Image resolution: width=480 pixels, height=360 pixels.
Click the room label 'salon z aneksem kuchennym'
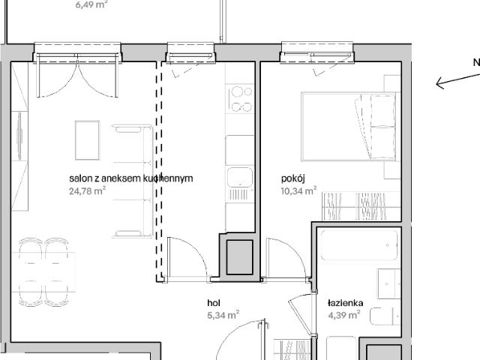(131, 178)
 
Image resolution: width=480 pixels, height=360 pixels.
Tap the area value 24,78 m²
(87, 190)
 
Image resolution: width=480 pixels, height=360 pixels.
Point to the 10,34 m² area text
(298, 190)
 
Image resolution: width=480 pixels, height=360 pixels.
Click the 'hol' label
(214, 303)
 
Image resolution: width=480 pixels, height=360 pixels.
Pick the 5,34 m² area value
(223, 315)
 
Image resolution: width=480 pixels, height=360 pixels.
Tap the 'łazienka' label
(345, 303)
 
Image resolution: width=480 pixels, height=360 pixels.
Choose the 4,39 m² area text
(344, 315)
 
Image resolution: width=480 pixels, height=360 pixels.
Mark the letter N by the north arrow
(475, 63)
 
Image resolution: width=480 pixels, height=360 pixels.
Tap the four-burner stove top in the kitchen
(241, 99)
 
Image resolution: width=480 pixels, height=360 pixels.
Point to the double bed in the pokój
(348, 124)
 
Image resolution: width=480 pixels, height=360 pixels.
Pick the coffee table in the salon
(87, 139)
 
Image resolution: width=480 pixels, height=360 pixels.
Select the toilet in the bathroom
(381, 318)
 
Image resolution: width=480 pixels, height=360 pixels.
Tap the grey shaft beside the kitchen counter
(241, 255)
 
